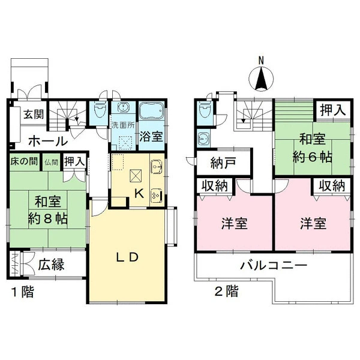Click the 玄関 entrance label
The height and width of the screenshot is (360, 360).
[34, 114]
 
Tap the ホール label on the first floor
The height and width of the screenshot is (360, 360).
[48, 141]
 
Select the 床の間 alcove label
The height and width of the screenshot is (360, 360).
[24, 161]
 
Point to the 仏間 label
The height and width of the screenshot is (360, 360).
[51, 163]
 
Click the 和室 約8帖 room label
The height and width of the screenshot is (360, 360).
[48, 210]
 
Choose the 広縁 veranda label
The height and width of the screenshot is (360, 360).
[51, 265]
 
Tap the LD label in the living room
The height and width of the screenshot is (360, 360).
[127, 257]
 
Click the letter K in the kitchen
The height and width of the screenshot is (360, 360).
[139, 194]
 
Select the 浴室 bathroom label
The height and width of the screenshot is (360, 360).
[151, 137]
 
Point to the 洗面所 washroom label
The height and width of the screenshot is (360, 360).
[123, 125]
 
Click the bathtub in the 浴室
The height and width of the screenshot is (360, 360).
[152, 110]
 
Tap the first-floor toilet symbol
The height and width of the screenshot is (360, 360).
[99, 110]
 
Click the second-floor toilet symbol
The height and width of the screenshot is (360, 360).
[205, 109]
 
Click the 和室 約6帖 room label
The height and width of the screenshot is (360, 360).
[313, 148]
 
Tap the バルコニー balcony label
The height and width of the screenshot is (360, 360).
[274, 266]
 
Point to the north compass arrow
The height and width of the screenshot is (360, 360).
[261, 79]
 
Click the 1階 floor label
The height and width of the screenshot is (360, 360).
[23, 292]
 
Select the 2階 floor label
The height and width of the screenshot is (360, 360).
[226, 291]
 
